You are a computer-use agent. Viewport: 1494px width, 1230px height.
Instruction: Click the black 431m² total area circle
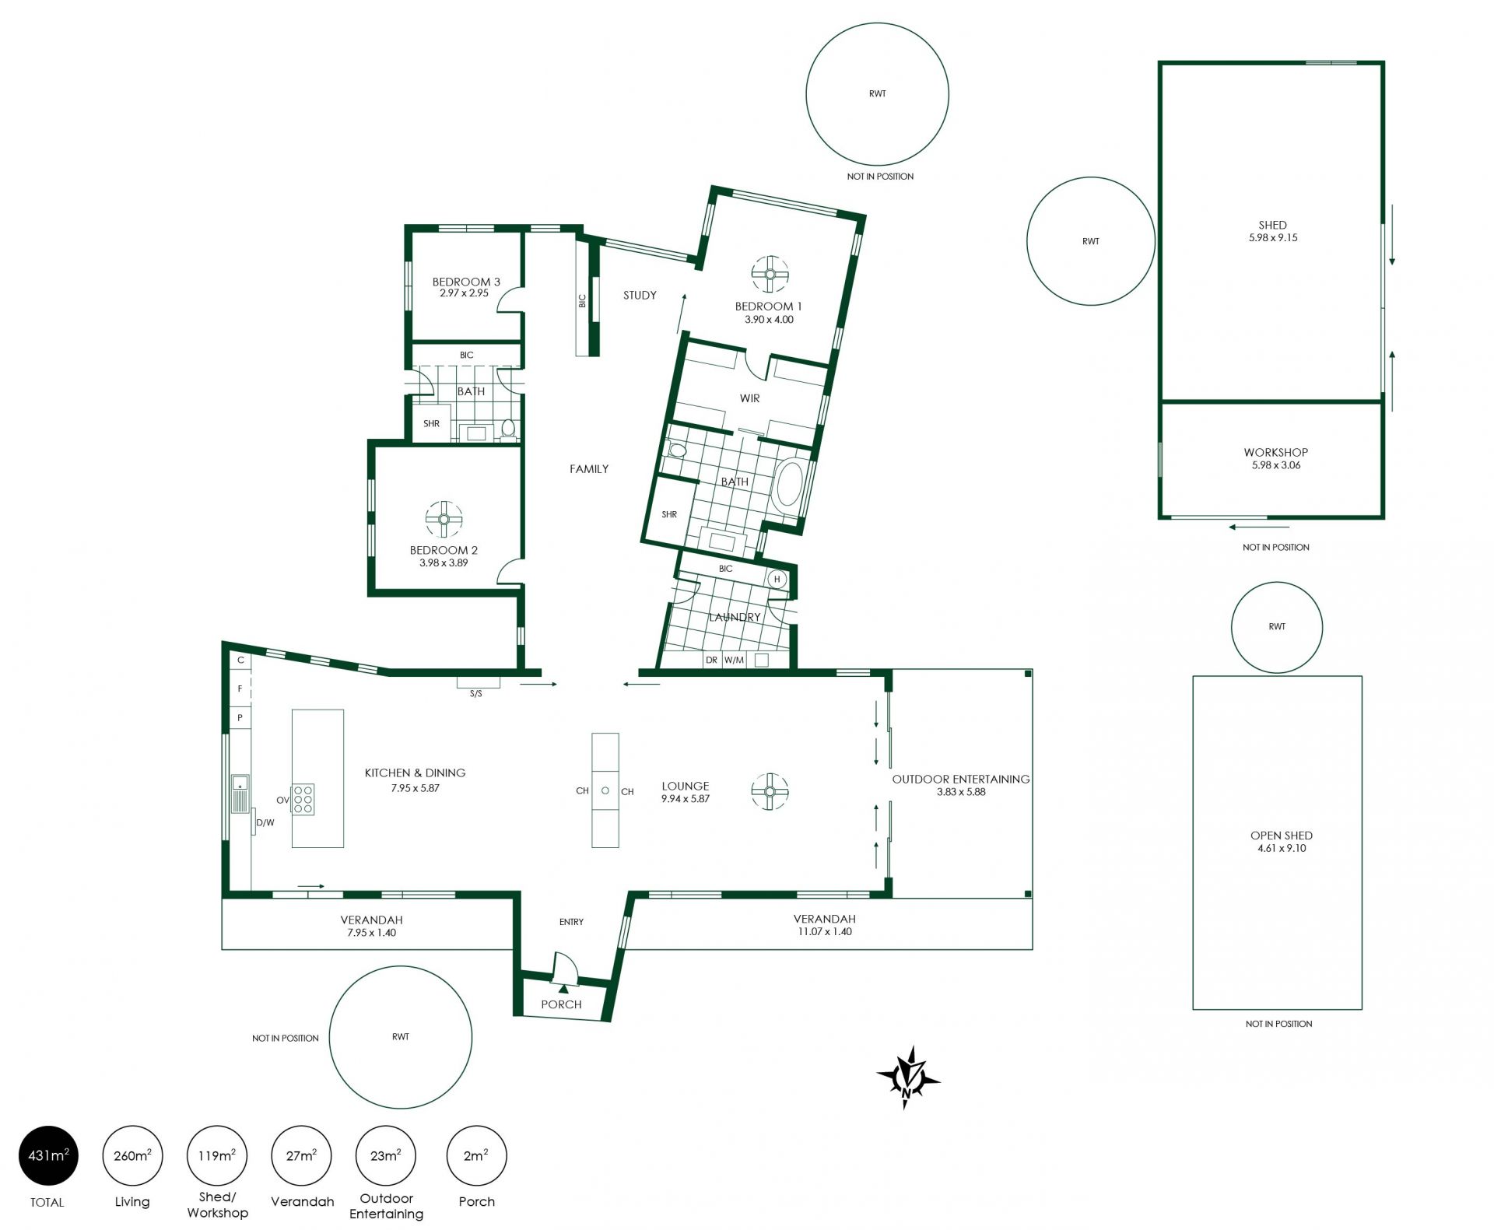click(x=48, y=1155)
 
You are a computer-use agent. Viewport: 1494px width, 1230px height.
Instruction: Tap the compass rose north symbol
click(x=908, y=1078)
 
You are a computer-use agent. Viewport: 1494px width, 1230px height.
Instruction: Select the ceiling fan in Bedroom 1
click(x=770, y=274)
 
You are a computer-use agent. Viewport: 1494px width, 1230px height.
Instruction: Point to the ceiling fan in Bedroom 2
click(x=444, y=520)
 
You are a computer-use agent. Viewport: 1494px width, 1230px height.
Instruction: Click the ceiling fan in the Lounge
click(x=770, y=792)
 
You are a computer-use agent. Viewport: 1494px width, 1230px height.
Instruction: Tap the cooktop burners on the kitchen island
click(x=303, y=799)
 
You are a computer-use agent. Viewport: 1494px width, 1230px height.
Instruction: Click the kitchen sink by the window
click(x=240, y=794)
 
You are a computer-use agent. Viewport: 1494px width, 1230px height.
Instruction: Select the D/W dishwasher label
click(x=265, y=822)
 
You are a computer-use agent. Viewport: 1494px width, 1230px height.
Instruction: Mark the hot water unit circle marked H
click(x=777, y=580)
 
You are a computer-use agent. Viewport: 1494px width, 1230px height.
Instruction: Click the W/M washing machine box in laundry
click(x=734, y=660)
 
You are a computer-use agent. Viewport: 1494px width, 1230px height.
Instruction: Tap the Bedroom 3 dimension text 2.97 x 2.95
click(x=465, y=293)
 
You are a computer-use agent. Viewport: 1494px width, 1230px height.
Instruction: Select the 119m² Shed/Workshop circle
click(x=217, y=1155)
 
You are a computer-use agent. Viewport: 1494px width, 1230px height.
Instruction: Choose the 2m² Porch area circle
click(x=477, y=1155)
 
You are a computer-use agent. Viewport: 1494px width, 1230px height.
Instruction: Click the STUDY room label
click(x=640, y=295)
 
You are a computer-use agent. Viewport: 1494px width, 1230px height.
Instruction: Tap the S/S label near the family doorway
click(x=475, y=693)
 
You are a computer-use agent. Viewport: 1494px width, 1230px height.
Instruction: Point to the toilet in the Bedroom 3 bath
click(x=508, y=429)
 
